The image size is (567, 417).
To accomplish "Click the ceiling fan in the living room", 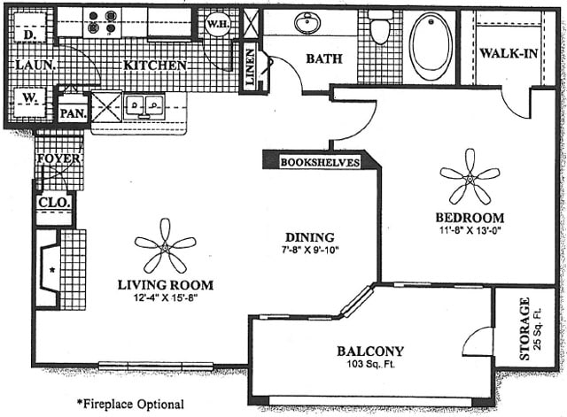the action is point(166,247).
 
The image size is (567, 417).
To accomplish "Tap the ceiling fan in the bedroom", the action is point(470,178).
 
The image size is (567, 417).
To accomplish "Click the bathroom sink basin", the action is point(307,23).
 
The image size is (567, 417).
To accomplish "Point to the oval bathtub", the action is point(431,46).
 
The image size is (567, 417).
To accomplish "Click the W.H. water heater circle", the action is point(217,24).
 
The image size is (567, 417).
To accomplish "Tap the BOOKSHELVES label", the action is point(321,162).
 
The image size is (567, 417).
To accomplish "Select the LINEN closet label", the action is point(250,67).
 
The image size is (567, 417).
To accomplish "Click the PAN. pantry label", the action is point(74,114).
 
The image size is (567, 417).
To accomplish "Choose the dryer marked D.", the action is point(29,27).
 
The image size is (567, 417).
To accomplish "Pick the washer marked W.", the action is point(29,103).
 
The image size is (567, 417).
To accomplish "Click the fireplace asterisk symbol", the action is point(52,269).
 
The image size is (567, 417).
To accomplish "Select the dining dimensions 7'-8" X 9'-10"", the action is point(310,250).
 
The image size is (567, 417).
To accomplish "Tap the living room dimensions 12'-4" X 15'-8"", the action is point(166,298).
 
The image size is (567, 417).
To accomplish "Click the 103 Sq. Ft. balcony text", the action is point(370,364).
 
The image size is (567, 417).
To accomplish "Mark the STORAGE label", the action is point(524,328).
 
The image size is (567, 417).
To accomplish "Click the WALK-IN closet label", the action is point(509,53).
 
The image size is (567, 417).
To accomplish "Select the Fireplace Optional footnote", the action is point(130,404).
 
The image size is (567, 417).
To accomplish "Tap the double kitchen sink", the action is point(144,106).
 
